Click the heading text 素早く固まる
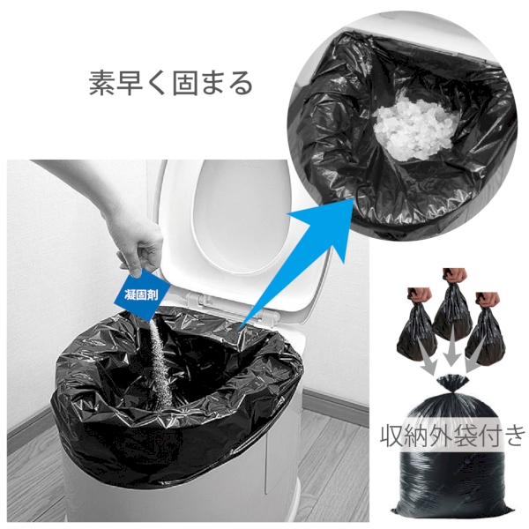(x=170, y=83)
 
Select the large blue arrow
(x=282, y=264)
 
